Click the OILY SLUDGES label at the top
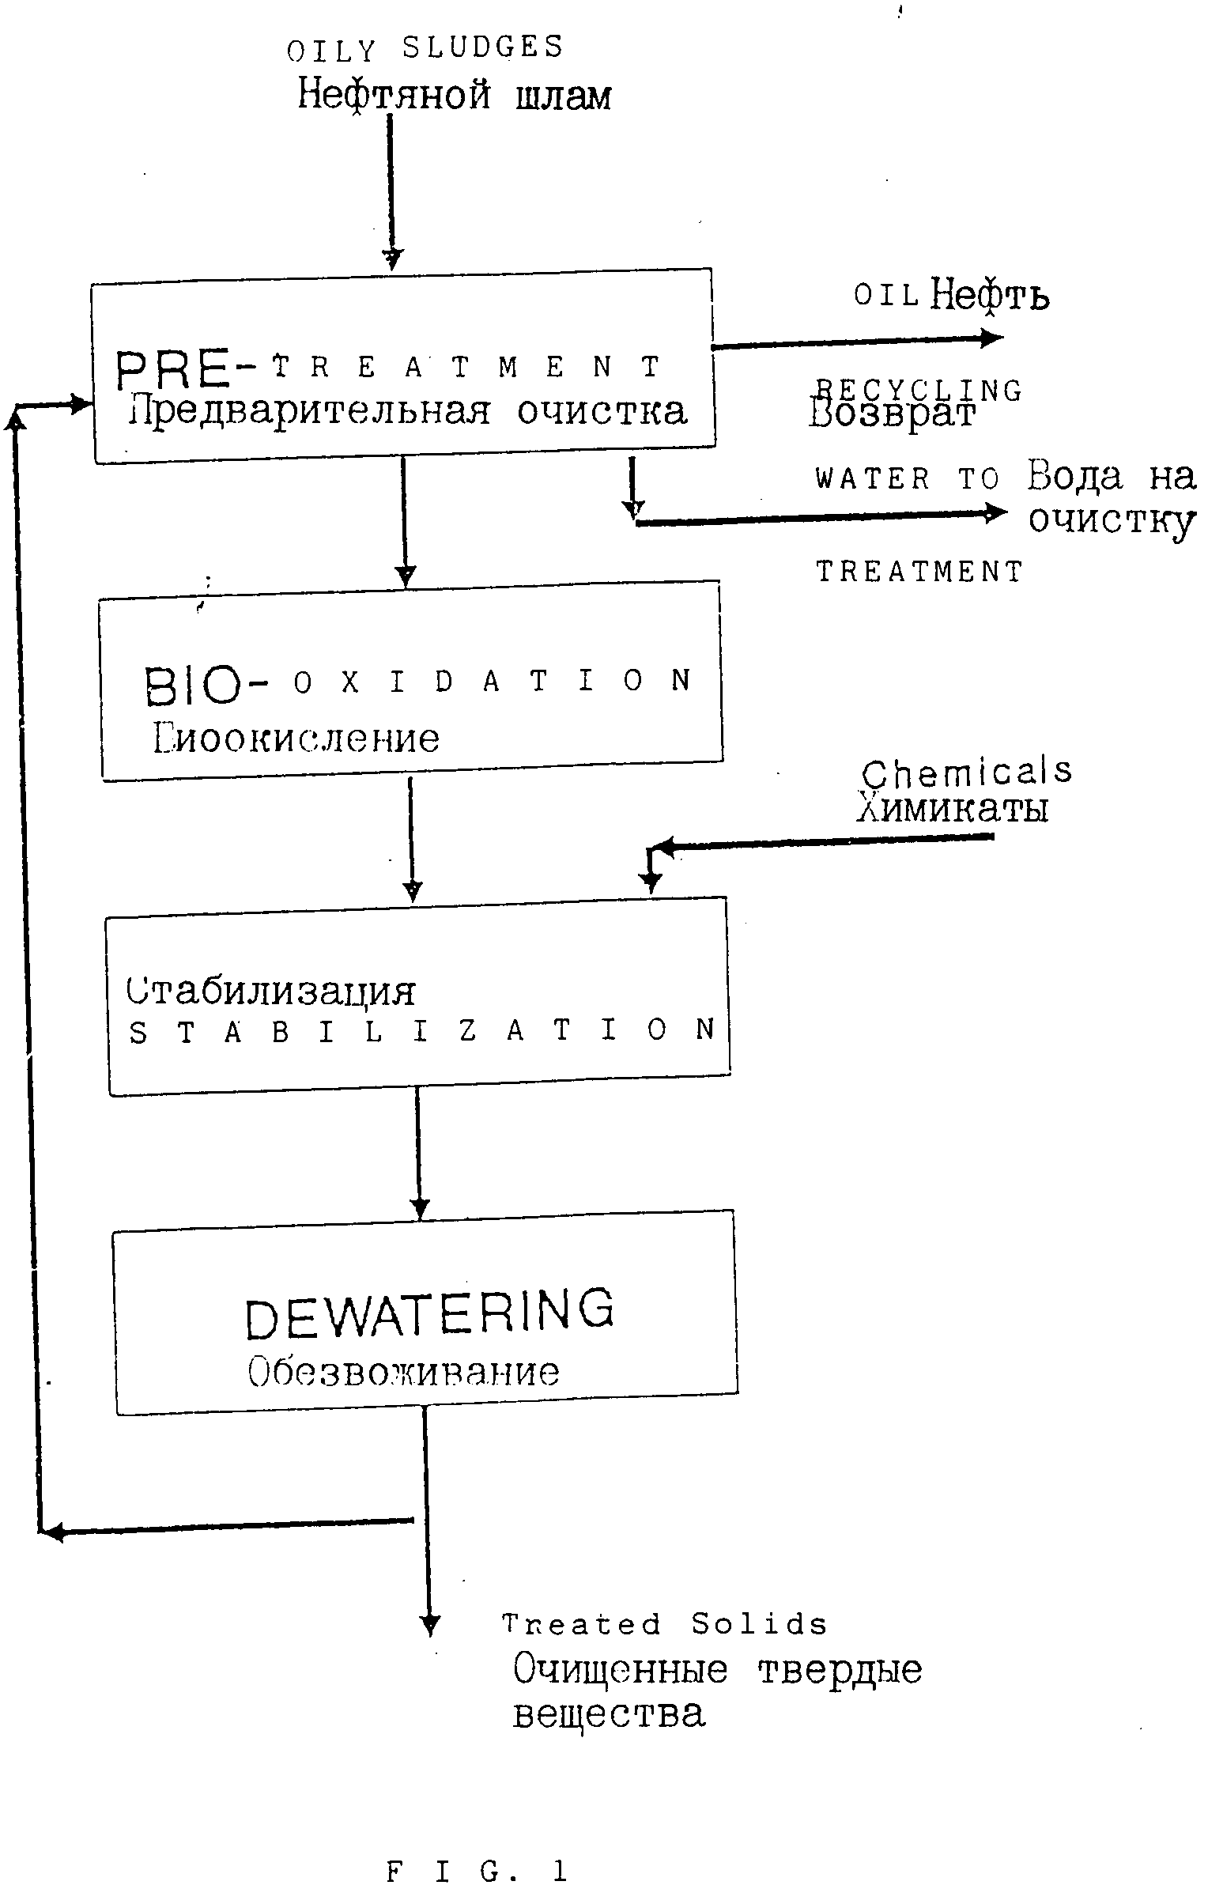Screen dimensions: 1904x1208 point(425,49)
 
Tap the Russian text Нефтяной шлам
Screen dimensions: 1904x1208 point(454,96)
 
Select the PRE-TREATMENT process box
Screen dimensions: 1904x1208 point(403,365)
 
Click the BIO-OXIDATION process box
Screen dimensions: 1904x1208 point(411,682)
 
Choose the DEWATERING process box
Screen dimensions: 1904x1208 point(425,1313)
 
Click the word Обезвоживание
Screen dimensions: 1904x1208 point(403,1373)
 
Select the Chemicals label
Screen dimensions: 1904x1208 point(966,773)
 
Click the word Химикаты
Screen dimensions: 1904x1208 point(953,809)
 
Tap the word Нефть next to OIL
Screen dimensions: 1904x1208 point(990,297)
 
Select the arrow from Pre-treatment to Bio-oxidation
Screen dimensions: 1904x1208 point(404,522)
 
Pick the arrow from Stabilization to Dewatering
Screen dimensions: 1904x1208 point(419,1154)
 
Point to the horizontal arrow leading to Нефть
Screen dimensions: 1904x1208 point(858,342)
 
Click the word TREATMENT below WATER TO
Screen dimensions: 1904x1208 point(919,571)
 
